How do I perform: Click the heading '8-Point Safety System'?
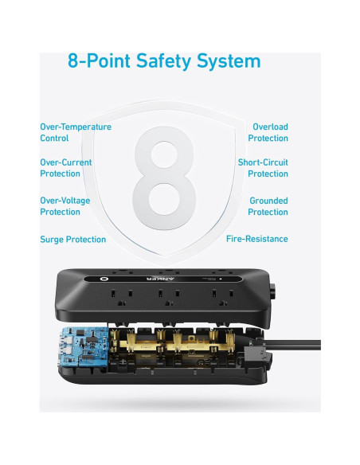pos(164,61)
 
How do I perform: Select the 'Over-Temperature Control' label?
pos(76,132)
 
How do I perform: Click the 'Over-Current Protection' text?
pos(66,167)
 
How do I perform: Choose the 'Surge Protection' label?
pos(73,239)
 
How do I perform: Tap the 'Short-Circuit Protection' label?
pos(263,167)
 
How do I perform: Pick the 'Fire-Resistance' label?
pos(257,239)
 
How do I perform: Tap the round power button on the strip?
pos(104,279)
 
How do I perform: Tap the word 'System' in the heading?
pos(232,61)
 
